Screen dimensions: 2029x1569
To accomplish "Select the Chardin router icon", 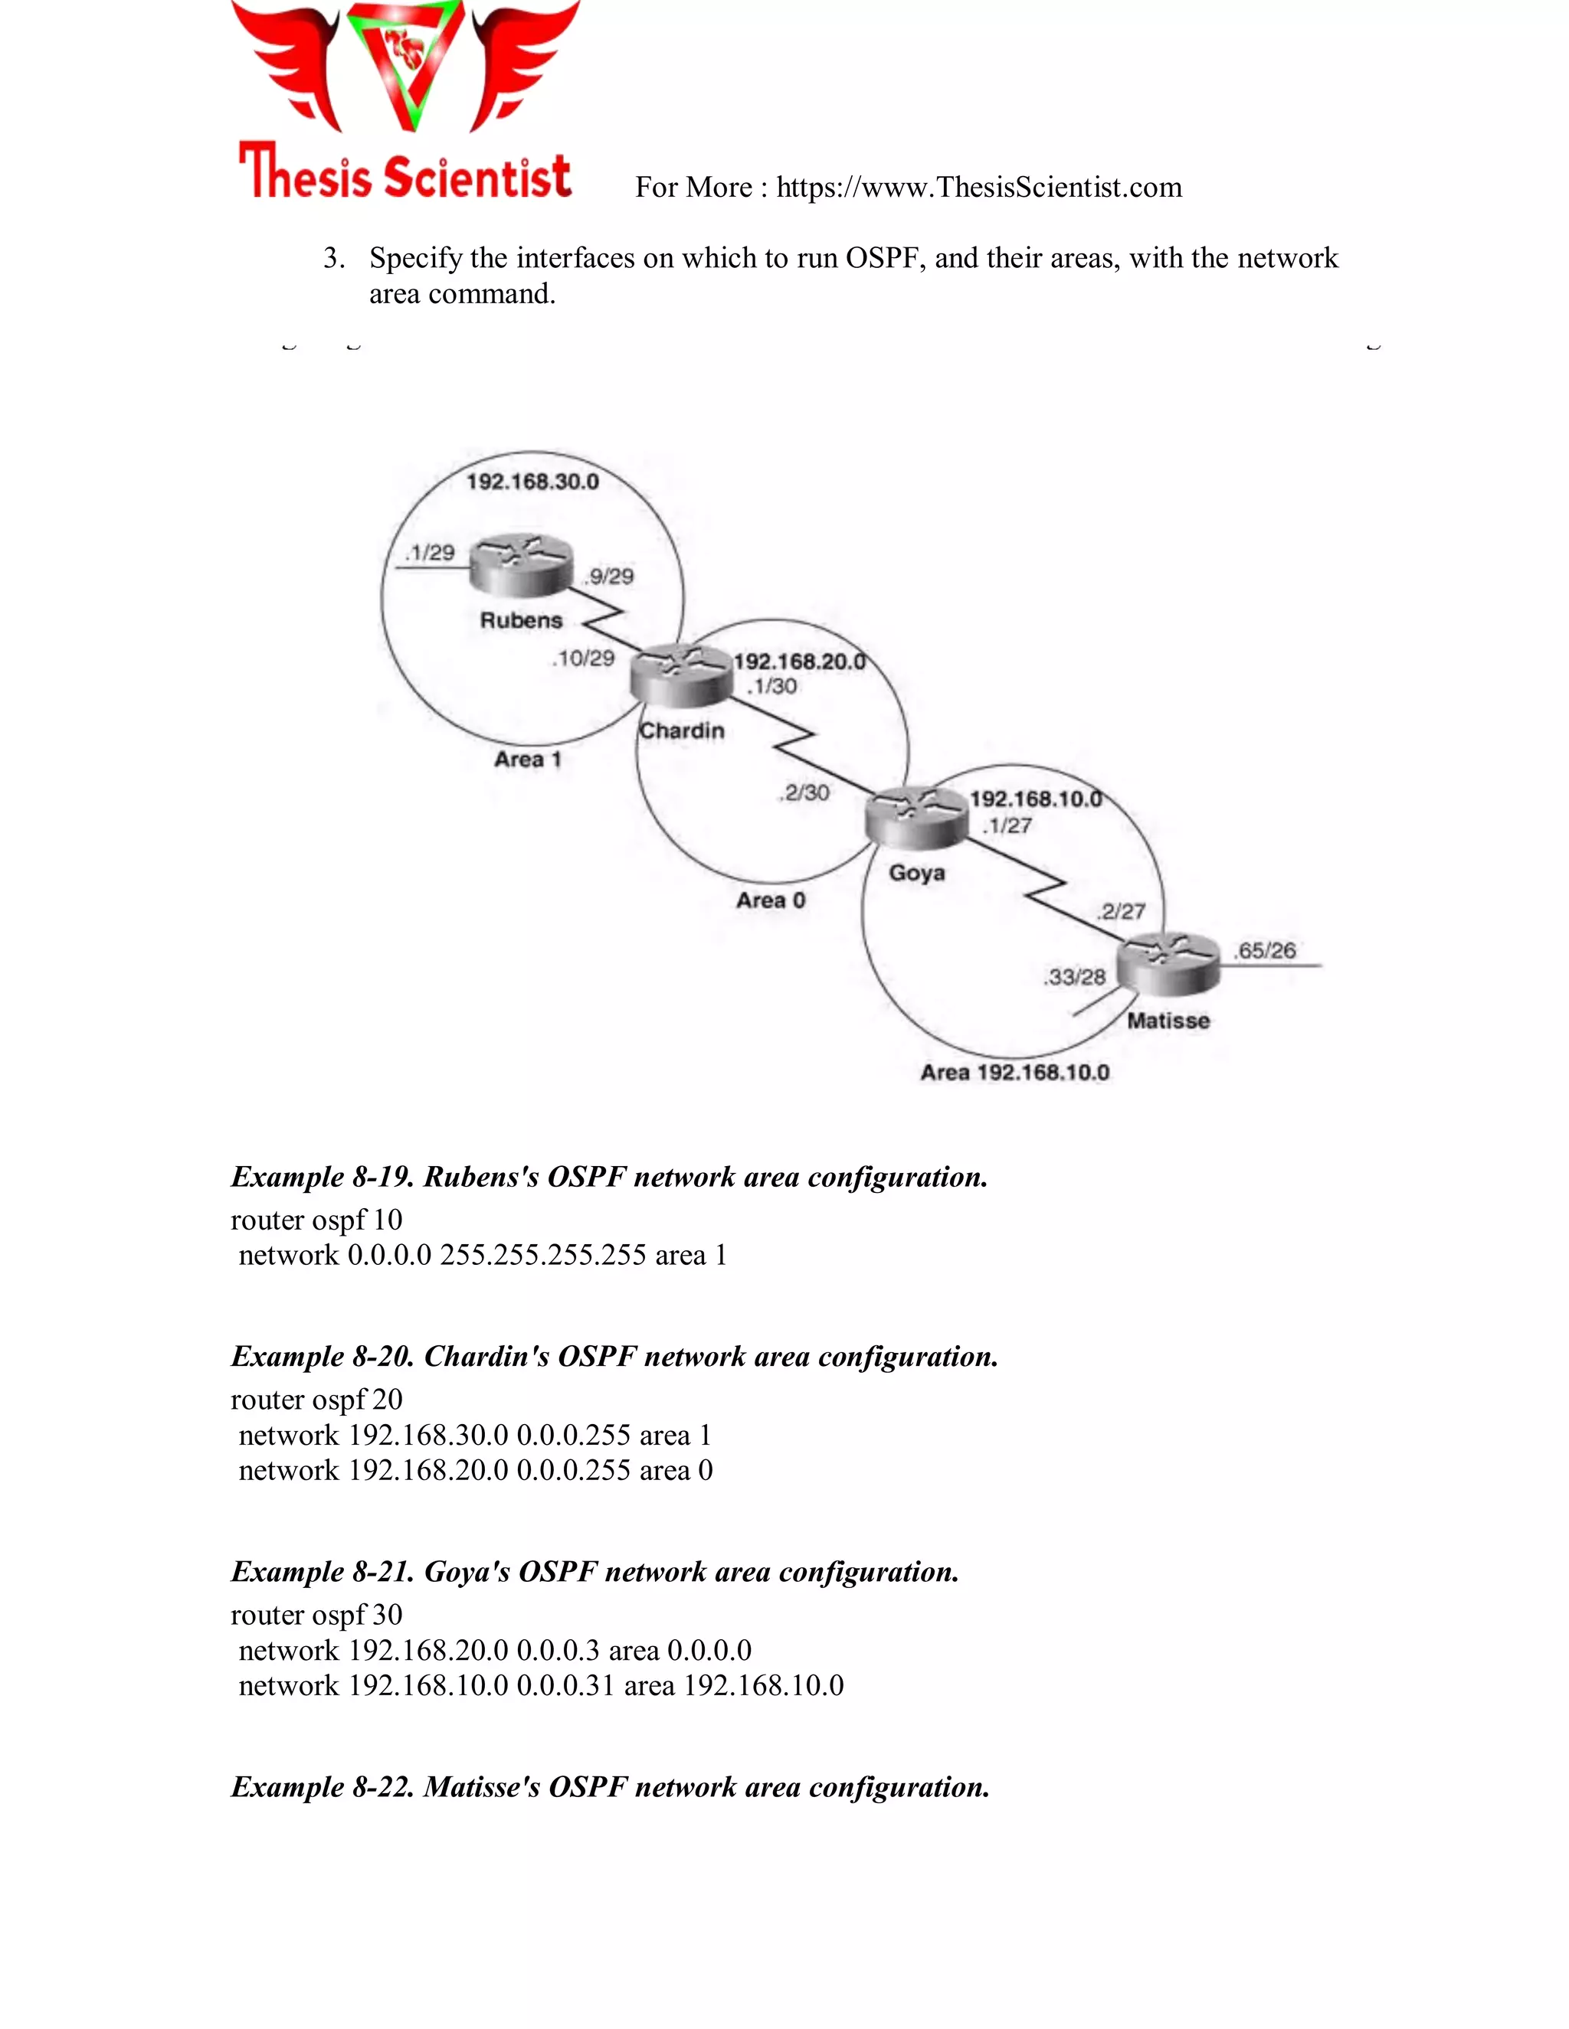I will [x=681, y=675].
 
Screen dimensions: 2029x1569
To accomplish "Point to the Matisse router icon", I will [x=1168, y=963].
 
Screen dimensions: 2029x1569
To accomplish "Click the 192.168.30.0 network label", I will [x=532, y=482].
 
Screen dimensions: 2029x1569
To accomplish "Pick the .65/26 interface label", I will [x=1265, y=950].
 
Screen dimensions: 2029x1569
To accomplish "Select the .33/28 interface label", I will [x=1076, y=976].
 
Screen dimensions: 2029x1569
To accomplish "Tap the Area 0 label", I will [x=771, y=900].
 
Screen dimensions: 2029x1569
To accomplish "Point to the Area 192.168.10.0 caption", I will [x=1014, y=1072].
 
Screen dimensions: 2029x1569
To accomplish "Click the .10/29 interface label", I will [x=584, y=658].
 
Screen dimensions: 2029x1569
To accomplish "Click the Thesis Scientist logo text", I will [x=405, y=174].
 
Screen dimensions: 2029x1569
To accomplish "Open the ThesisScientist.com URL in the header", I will [x=979, y=188].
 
